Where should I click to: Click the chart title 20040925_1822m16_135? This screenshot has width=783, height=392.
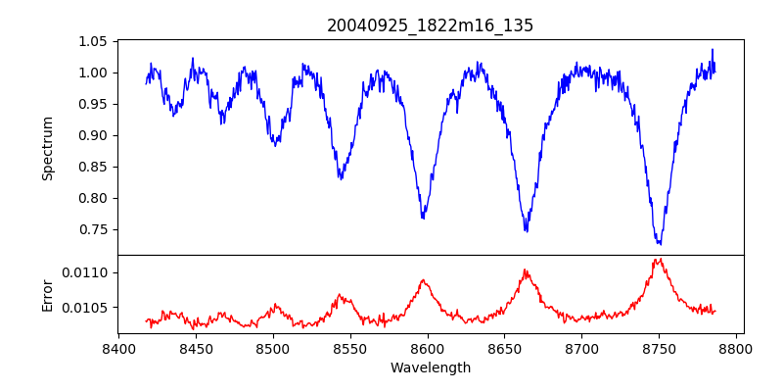(431, 25)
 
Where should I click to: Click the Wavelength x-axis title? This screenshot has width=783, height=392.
(431, 368)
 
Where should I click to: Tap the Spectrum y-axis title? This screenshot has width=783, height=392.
(48, 148)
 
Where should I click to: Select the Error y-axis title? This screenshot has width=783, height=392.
(48, 294)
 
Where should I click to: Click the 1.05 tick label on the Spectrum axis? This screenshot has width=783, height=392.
(93, 41)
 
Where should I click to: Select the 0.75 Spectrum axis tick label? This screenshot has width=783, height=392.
(93, 229)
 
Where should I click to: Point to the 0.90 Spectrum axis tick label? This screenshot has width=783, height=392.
(93, 135)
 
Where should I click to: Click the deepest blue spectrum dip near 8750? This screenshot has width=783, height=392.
(660, 243)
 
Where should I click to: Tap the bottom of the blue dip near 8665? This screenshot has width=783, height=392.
(526, 230)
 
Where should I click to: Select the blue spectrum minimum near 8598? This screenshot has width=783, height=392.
(423, 217)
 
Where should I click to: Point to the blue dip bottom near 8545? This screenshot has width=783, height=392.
(340, 178)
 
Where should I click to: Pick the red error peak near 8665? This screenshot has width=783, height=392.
(526, 270)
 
